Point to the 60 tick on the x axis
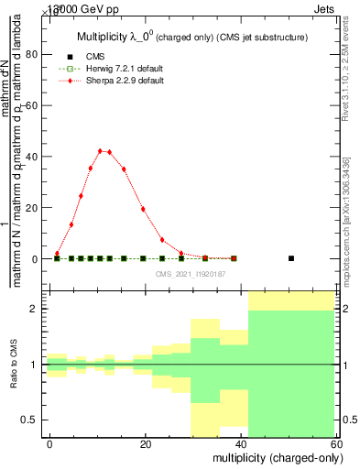[334, 443]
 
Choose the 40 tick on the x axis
[239, 443]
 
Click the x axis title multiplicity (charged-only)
[272, 457]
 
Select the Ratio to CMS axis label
[13, 365]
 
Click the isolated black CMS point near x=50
[291, 258]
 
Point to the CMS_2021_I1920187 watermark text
[189, 273]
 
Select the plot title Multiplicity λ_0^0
[191, 36]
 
